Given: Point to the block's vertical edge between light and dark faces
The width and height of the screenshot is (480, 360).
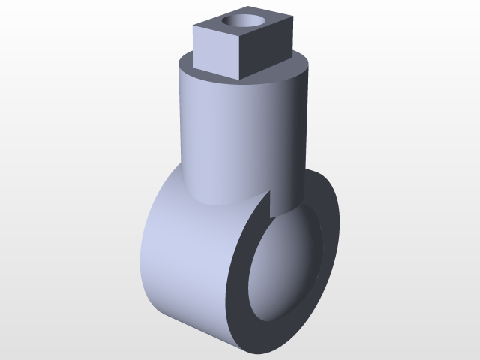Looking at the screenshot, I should [x=241, y=57].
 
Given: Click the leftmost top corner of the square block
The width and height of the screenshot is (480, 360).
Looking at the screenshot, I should [x=194, y=27].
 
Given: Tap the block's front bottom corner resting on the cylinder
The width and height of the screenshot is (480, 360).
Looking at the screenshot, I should [x=241, y=76].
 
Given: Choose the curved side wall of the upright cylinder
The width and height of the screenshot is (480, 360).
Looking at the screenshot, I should [x=225, y=135].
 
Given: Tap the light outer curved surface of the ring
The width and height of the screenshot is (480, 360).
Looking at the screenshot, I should [x=180, y=255].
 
